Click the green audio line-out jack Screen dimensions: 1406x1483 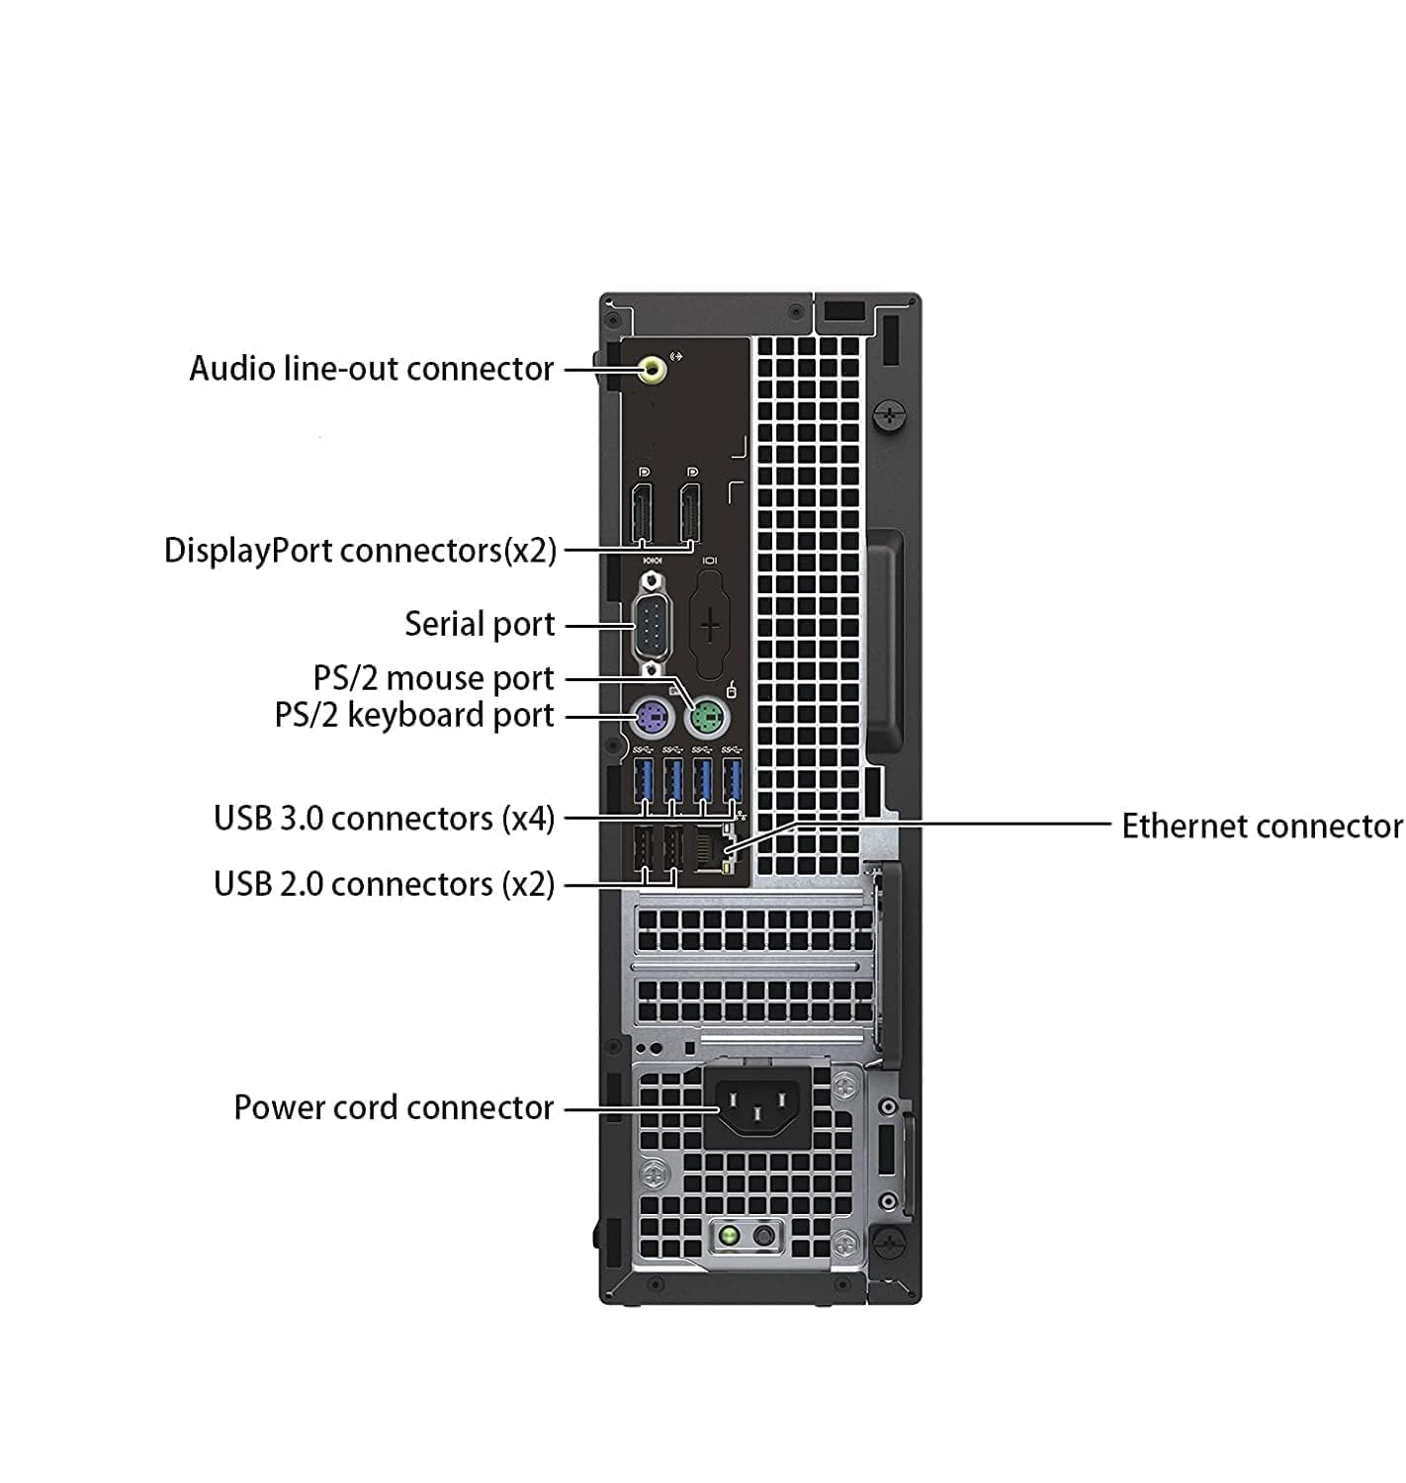click(x=653, y=369)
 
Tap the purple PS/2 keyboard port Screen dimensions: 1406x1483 click(x=651, y=717)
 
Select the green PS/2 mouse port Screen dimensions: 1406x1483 click(x=707, y=717)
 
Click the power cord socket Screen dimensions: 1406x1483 click(x=757, y=1106)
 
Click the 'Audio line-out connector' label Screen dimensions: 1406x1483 click(x=372, y=369)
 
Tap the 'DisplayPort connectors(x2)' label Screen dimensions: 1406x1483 click(x=360, y=550)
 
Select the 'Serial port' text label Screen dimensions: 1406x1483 click(x=480, y=624)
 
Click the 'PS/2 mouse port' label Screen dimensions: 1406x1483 click(x=434, y=677)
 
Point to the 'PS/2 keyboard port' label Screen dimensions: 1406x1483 click(x=414, y=715)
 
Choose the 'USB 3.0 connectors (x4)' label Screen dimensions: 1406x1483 click(x=385, y=818)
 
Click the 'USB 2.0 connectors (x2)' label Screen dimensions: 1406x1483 click(x=385, y=883)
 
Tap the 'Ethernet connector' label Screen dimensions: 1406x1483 click(x=1262, y=826)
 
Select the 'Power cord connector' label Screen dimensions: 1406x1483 click(x=394, y=1107)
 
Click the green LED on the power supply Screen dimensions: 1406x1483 click(x=729, y=1236)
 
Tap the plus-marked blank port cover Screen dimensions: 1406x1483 click(x=710, y=626)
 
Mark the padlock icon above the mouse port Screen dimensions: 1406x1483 click(x=731, y=688)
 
